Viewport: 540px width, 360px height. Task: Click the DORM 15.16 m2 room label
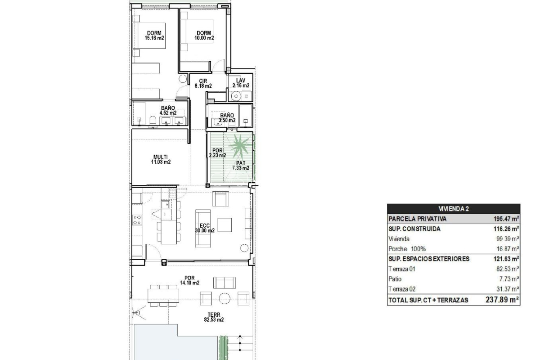point(154,36)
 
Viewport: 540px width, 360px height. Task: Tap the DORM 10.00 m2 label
point(204,36)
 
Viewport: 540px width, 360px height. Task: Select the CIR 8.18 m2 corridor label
point(203,83)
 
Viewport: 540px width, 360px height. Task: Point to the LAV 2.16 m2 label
point(241,83)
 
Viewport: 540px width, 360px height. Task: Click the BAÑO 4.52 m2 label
point(168,110)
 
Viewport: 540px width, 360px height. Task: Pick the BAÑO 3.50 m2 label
point(227,118)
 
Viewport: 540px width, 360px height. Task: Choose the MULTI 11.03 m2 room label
point(161,159)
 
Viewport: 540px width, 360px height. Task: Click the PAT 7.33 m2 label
point(241,166)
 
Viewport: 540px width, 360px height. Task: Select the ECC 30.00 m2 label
point(205,228)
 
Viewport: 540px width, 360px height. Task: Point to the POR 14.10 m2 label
point(189,280)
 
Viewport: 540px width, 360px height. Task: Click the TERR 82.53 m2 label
point(214,317)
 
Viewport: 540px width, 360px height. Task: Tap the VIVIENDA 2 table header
point(454,209)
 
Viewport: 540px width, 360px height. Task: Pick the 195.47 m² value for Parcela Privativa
point(506,219)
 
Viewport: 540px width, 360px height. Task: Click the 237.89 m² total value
point(502,300)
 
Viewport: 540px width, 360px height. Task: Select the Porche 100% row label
point(407,249)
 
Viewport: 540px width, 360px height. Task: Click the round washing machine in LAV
point(236,96)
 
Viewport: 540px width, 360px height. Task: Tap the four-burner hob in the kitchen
point(137,220)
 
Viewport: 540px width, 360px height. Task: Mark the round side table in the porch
point(225,298)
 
